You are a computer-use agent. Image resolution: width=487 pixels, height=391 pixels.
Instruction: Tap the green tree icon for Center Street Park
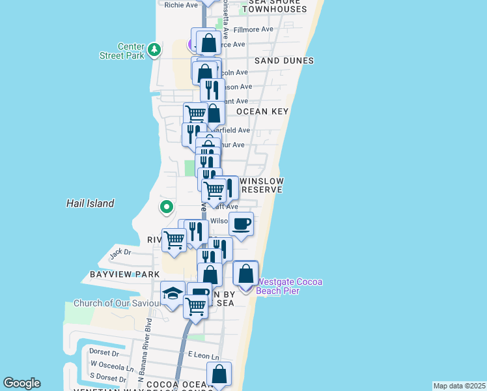pyautogui.click(x=154, y=50)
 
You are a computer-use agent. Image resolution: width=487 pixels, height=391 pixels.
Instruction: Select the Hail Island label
pyautogui.click(x=90, y=203)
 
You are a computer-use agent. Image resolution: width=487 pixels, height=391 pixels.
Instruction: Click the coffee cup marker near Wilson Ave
pyautogui.click(x=241, y=224)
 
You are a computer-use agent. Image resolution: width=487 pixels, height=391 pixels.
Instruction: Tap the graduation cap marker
pyautogui.click(x=173, y=295)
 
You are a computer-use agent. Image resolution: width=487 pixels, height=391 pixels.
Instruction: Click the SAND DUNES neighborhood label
pyautogui.click(x=284, y=61)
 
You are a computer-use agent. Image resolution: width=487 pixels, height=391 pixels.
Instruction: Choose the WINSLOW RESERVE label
pyautogui.click(x=262, y=185)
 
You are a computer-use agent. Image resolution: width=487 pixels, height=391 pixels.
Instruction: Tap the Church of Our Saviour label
pyautogui.click(x=117, y=303)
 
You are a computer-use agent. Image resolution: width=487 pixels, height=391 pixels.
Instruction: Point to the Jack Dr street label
pyautogui.click(x=120, y=252)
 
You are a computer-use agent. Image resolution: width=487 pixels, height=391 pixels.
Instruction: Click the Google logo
pyautogui.click(x=21, y=383)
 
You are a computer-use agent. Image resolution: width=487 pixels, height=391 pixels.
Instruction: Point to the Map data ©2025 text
pyautogui.click(x=459, y=386)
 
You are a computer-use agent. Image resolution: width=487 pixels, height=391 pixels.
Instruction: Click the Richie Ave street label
pyautogui.click(x=181, y=5)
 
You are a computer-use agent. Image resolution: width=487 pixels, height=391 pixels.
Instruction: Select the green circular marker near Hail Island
pyautogui.click(x=167, y=207)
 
